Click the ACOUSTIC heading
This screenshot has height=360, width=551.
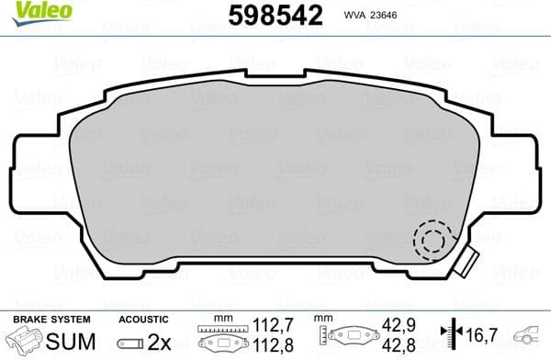coord(143,319)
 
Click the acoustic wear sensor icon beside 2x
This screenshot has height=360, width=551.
coord(131,343)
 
